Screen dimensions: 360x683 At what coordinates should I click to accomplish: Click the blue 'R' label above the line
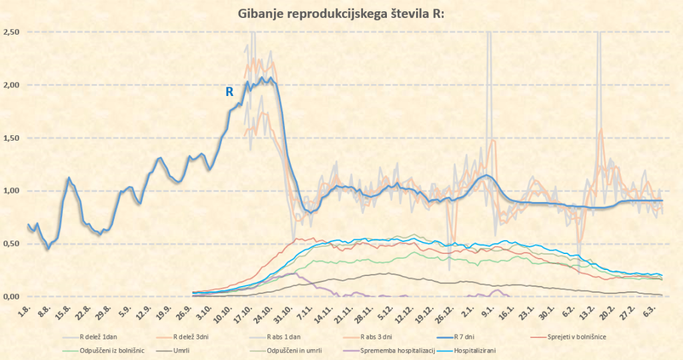coord(229,92)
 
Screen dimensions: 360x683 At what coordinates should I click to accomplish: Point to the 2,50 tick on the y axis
coord(11,33)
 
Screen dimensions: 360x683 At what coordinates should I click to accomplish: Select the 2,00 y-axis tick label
coord(11,85)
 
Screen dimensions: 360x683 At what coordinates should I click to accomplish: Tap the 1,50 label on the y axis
coord(11,138)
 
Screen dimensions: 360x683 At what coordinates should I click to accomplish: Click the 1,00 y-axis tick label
coord(11,191)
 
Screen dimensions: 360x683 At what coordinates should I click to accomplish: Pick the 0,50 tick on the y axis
coord(11,244)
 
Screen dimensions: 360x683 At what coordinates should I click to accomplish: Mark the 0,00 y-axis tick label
coord(11,297)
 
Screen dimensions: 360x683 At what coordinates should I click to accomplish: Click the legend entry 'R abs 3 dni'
coord(378,337)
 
